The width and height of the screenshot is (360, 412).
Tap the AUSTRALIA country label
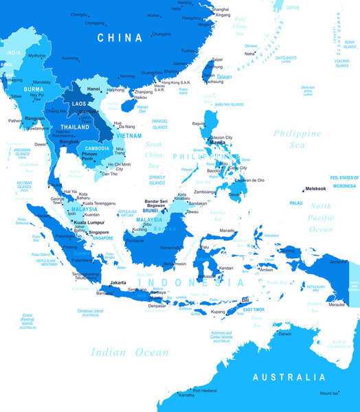[x=289, y=378]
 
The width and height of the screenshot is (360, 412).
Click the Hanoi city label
[x=94, y=89]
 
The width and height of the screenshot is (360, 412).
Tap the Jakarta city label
[x=118, y=282]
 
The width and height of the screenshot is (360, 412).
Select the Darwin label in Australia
[x=285, y=334]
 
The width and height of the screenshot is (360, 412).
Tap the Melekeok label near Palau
[x=316, y=187]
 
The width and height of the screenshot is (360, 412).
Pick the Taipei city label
[x=217, y=59]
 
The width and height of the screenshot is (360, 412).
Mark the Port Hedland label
[x=205, y=391]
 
